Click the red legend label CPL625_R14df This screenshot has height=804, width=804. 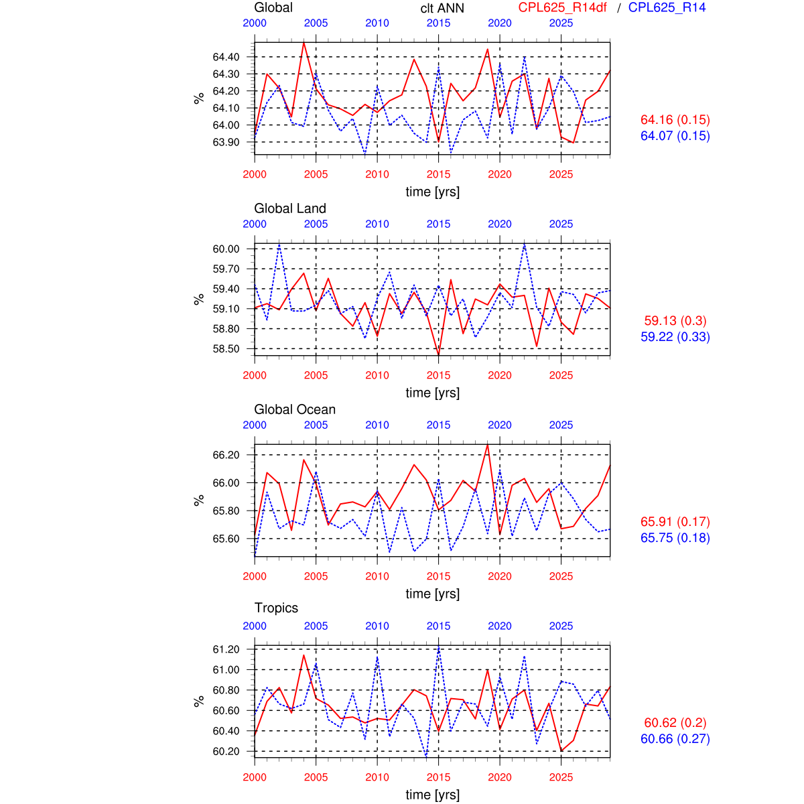tap(562, 8)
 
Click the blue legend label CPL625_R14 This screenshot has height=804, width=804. tap(667, 8)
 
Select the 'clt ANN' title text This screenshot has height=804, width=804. tap(442, 8)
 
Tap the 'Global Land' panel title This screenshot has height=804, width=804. tap(290, 208)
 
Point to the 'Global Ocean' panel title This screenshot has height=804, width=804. tap(295, 409)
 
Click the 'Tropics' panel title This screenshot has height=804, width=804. tap(276, 608)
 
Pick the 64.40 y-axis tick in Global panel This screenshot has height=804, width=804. tap(226, 57)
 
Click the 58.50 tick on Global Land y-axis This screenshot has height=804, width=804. tap(226, 349)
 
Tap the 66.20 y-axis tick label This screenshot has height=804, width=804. tap(226, 455)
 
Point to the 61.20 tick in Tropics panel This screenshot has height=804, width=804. tap(226, 649)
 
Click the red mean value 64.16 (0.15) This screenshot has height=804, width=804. tap(675, 120)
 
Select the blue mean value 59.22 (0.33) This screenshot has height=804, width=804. tap(675, 337)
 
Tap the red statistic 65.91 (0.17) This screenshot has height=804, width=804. tap(675, 522)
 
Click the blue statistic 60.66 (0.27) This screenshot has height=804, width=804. tap(675, 739)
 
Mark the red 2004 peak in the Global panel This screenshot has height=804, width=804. tap(304, 42)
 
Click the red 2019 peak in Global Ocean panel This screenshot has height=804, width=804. tap(487, 444)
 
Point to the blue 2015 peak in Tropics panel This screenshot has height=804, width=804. tap(439, 647)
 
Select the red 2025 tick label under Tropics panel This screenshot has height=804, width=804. tap(561, 777)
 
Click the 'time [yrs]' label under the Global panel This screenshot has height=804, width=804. tap(432, 192)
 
